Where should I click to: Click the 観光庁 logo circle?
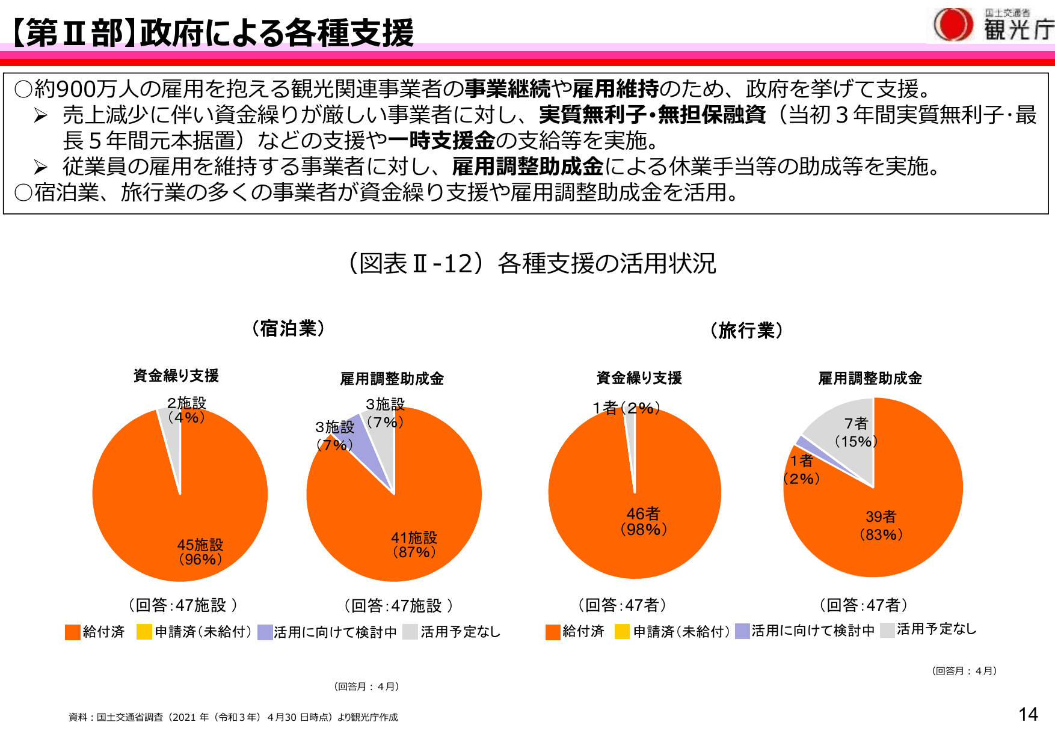point(953,25)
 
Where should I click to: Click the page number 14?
point(1028,714)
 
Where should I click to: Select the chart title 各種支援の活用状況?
point(606,263)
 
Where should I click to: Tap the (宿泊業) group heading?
point(288,329)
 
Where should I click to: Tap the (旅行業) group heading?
point(746,331)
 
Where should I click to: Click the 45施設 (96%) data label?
point(200,552)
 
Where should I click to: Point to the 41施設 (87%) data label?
point(414,545)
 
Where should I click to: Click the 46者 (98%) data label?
point(643,521)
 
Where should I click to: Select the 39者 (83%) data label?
point(881,525)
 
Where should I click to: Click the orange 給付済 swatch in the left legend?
point(73,632)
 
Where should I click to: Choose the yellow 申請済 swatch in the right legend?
point(622,632)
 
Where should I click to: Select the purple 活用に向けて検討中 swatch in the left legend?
point(265,632)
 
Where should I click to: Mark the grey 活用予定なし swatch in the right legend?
point(887,630)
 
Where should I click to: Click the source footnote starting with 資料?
point(233,717)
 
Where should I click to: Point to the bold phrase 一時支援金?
point(441,141)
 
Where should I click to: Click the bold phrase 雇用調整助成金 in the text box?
point(527,167)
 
